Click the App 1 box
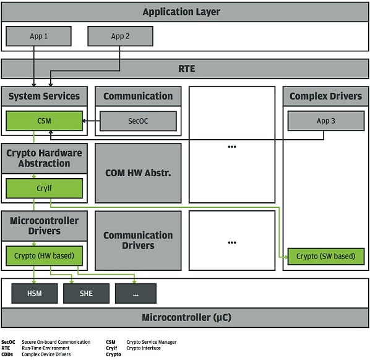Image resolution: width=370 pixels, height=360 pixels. pyautogui.click(x=38, y=36)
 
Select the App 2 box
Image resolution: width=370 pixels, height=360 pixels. pyautogui.click(x=120, y=36)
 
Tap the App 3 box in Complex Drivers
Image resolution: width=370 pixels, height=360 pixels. pyautogui.click(x=326, y=121)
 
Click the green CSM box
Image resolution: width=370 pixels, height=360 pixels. pyautogui.click(x=44, y=121)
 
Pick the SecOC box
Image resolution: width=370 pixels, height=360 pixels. pyautogui.click(x=138, y=121)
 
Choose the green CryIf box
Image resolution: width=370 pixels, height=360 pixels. pyautogui.click(x=44, y=188)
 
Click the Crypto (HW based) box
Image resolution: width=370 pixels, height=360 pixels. pyautogui.click(x=44, y=255)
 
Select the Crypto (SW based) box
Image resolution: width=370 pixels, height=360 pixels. pyautogui.click(x=326, y=256)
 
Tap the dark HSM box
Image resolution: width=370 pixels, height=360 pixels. pyautogui.click(x=35, y=293)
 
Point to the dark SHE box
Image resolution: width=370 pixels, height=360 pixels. pyautogui.click(x=86, y=293)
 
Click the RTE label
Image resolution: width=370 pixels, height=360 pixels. pyautogui.click(x=186, y=69)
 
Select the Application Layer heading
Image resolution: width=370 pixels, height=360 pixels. pyautogui.click(x=181, y=12)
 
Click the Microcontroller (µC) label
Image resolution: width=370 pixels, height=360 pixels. pyautogui.click(x=186, y=317)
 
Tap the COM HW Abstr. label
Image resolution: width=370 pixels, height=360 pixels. pyautogui.click(x=138, y=173)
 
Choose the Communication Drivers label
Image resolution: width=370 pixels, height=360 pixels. pyautogui.click(x=138, y=241)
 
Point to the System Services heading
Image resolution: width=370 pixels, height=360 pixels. pyautogui.click(x=44, y=96)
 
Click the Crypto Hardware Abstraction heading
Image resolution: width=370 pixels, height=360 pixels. pyautogui.click(x=44, y=158)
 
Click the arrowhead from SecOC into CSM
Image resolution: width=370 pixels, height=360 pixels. pyautogui.click(x=84, y=121)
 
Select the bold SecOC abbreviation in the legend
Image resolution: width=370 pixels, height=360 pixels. pyautogui.click(x=8, y=342)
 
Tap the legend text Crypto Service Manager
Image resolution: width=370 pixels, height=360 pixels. pyautogui.click(x=152, y=342)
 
